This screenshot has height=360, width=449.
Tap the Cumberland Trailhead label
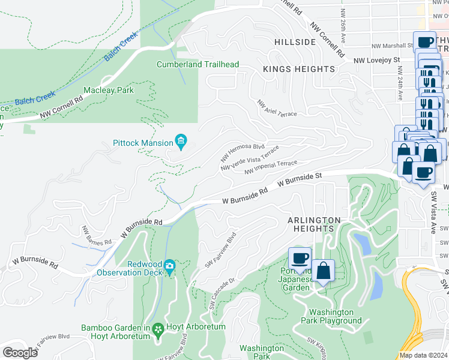coord(198,65)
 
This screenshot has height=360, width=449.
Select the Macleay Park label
coord(108,90)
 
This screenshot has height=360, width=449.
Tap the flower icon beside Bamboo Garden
coord(158,329)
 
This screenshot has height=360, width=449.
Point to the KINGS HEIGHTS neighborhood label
coord(299,70)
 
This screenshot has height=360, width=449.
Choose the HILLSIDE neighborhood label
coord(294,42)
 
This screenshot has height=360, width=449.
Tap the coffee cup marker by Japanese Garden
coord(300,259)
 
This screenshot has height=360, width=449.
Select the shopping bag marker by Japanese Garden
coord(324,271)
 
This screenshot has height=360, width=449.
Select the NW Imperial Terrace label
coord(271,167)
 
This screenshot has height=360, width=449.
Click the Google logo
coord(20,353)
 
